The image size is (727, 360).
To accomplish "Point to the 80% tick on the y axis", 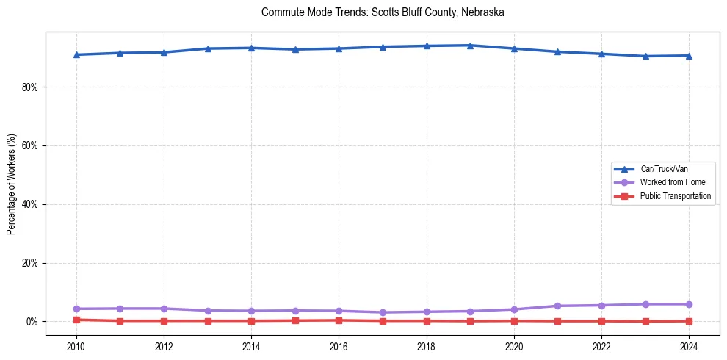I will pyautogui.click(x=30, y=87).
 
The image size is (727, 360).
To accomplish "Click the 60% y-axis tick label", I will pyautogui.click(x=30, y=145).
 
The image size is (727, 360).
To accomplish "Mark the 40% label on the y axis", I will pyautogui.click(x=30, y=204).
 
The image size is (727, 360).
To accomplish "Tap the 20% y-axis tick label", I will pyautogui.click(x=30, y=263).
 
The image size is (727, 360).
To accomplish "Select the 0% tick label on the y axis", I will pyautogui.click(x=32, y=322).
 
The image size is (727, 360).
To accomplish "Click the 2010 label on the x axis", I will pyautogui.click(x=76, y=346).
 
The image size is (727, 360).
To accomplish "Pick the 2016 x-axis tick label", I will pyautogui.click(x=339, y=346).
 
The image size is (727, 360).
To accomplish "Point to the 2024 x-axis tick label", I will pyautogui.click(x=689, y=346).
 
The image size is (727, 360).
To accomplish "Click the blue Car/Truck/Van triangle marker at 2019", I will pyautogui.click(x=470, y=46).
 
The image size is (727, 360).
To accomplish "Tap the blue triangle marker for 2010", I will pyautogui.click(x=76, y=54).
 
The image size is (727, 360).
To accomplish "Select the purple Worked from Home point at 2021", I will pyautogui.click(x=557, y=306).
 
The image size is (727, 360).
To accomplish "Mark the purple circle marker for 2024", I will pyautogui.click(x=689, y=304).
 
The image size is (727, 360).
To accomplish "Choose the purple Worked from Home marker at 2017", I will pyautogui.click(x=383, y=312).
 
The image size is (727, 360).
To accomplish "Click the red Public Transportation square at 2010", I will pyautogui.click(x=76, y=320).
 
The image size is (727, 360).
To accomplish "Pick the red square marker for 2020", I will pyautogui.click(x=514, y=320).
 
